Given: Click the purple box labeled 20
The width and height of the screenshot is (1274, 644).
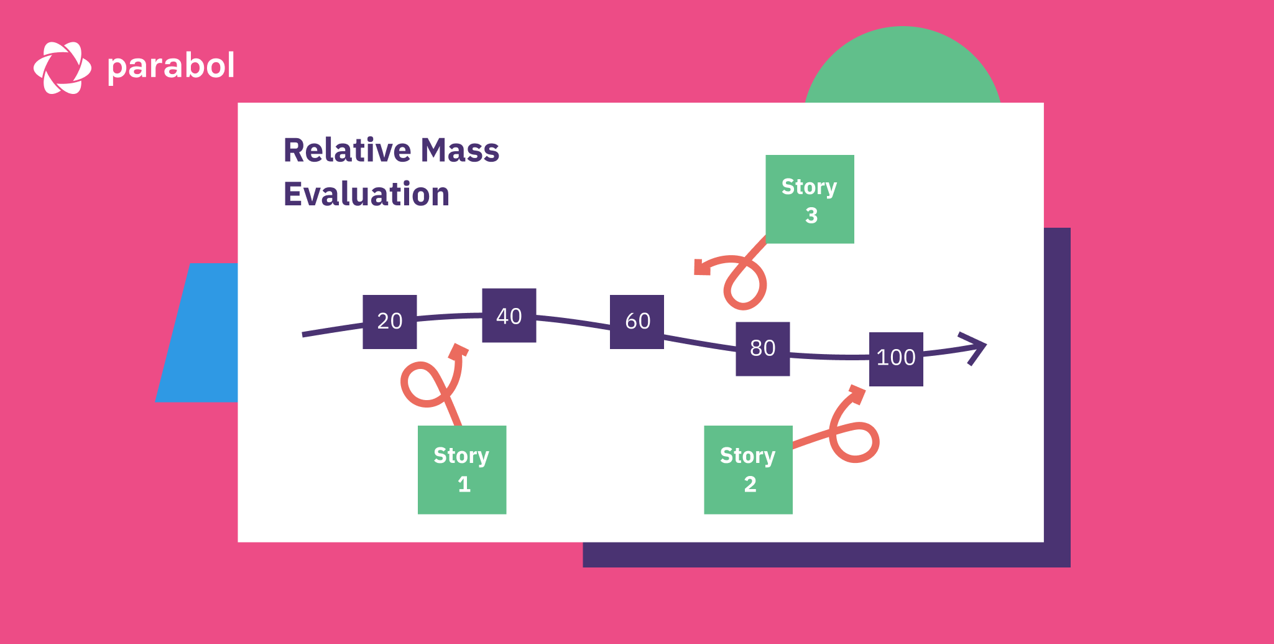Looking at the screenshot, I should click(390, 322).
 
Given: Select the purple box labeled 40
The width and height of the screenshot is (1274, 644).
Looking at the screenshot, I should click(509, 315).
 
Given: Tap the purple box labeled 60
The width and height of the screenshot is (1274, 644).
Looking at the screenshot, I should click(637, 322).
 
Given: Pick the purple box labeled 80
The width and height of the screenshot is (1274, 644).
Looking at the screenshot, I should click(763, 348).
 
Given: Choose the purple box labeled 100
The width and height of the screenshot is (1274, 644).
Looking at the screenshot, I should click(896, 359).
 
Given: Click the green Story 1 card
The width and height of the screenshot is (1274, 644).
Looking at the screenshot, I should click(462, 470).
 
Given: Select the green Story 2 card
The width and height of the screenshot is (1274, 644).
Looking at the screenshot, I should click(748, 470).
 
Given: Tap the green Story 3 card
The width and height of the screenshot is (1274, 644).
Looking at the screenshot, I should click(810, 199).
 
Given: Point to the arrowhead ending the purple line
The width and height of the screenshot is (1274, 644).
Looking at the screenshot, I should click(976, 347).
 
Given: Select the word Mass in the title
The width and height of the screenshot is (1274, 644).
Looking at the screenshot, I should click(459, 151).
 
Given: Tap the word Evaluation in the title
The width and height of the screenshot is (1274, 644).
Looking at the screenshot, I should click(366, 194).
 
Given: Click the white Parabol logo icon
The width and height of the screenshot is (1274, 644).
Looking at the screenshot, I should click(62, 68).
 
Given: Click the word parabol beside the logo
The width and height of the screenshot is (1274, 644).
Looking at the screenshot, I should click(171, 67).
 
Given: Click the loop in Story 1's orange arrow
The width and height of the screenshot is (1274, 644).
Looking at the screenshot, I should click(423, 385).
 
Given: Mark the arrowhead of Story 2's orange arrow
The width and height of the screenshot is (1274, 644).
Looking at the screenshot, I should click(857, 394).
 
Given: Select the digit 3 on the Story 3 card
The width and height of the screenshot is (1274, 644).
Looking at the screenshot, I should click(811, 215).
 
